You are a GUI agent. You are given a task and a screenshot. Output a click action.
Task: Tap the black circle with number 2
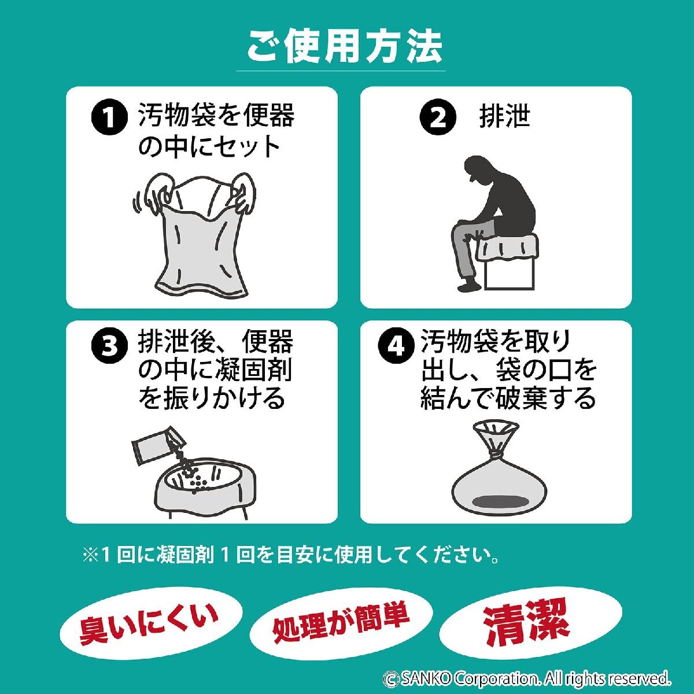(437, 119)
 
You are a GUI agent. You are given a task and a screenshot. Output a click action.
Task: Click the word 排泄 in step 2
(504, 117)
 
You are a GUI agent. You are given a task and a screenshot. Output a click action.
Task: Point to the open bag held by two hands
(197, 237)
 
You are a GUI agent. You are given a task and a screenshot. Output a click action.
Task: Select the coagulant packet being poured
(155, 445)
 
